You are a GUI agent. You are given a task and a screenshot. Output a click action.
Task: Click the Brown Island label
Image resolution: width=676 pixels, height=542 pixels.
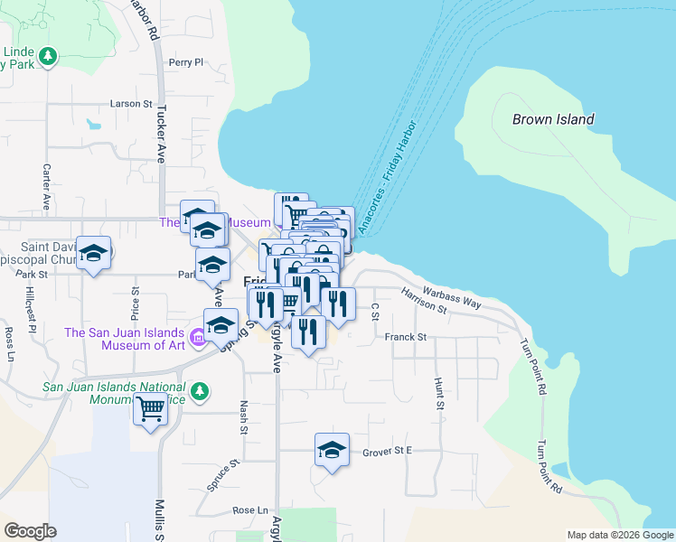coord(553,119)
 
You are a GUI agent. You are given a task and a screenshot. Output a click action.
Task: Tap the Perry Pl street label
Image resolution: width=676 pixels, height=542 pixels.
coord(186,62)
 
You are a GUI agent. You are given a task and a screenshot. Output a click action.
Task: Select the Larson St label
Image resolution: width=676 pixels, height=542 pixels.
coord(132,104)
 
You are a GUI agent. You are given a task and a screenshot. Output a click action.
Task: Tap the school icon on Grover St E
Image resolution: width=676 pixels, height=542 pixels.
coord(332,449)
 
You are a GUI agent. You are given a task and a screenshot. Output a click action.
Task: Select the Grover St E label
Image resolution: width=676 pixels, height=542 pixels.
coord(387,450)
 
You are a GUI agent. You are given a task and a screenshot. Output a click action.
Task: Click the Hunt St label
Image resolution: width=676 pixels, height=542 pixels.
coord(440,394)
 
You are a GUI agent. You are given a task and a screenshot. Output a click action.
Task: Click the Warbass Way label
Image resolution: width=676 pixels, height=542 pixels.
coord(454,299)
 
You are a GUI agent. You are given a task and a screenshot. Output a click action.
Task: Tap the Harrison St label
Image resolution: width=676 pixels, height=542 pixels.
coord(424,301)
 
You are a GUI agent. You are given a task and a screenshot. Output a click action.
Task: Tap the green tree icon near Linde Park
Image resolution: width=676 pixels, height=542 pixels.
coord(48,56)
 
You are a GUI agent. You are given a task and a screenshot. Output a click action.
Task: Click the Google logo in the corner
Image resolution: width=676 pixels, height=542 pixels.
coord(30,531)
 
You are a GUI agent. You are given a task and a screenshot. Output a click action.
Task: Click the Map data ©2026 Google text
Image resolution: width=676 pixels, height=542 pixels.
coord(619,535)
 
